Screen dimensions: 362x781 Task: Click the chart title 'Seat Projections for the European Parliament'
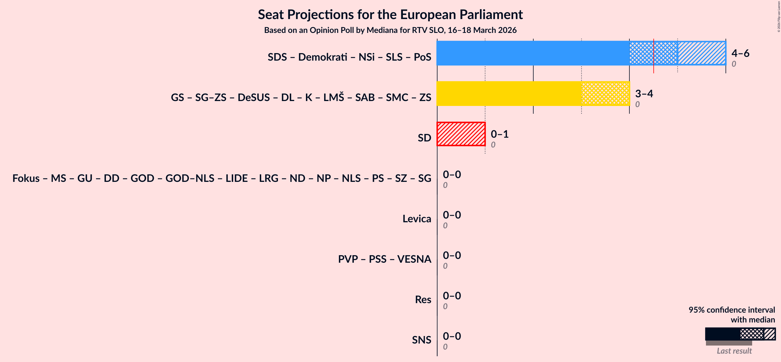[x=390, y=14]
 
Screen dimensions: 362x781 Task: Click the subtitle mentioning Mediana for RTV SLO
[x=390, y=30]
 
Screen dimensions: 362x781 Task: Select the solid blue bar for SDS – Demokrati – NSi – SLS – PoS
[x=533, y=53]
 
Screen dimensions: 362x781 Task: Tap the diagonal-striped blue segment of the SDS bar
[x=702, y=53]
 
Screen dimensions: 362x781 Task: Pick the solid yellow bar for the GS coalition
[x=509, y=93]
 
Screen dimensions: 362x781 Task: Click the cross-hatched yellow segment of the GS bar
[x=606, y=93]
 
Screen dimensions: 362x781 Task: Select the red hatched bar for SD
[x=461, y=134]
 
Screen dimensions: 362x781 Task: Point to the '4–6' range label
[x=740, y=53]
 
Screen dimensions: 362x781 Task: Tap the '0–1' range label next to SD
[x=499, y=134]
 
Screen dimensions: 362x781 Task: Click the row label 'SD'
[x=424, y=138]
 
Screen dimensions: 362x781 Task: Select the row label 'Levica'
[x=416, y=219]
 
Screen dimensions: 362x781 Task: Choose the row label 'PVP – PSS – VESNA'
[x=384, y=259]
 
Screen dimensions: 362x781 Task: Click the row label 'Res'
[x=423, y=300]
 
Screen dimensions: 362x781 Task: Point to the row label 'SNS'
[x=421, y=340]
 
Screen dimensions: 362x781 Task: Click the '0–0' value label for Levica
[x=452, y=215]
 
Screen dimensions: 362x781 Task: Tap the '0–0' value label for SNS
[x=452, y=336]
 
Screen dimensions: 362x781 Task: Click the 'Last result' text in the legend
[x=734, y=351]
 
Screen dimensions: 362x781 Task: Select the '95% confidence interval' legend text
[x=731, y=310]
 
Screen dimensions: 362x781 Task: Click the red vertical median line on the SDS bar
[x=654, y=56]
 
